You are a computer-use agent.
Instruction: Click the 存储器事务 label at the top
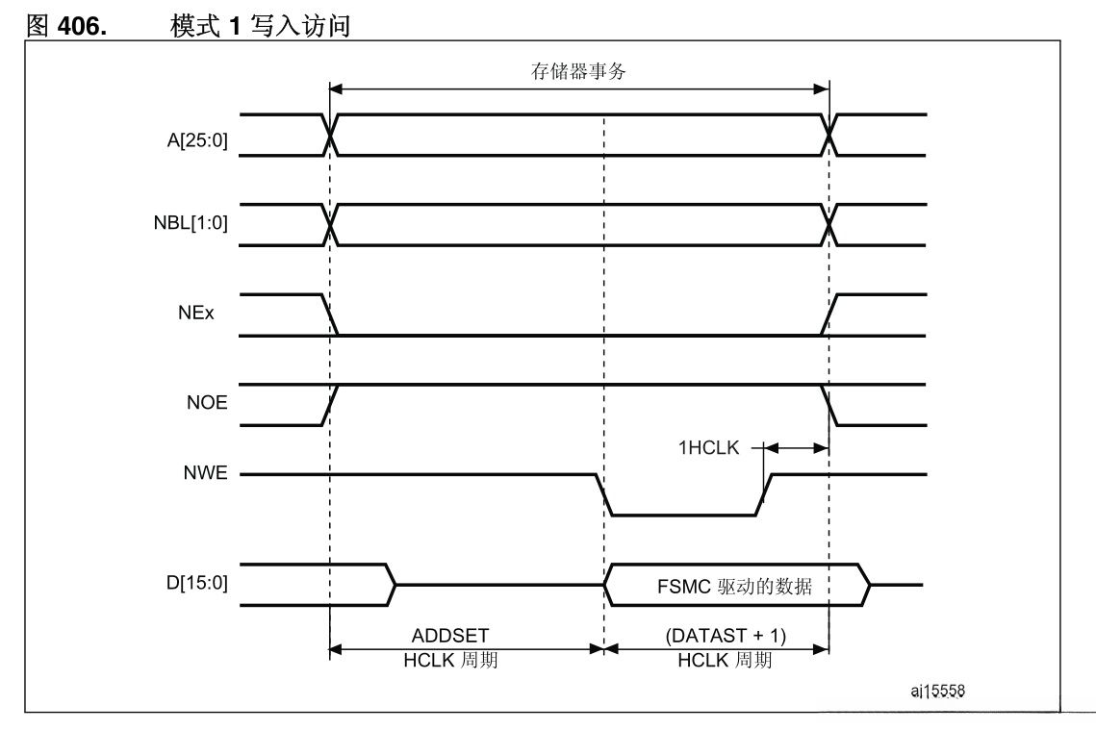(578, 70)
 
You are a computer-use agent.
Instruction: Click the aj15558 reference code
(939, 691)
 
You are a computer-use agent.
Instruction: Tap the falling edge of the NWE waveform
(603, 494)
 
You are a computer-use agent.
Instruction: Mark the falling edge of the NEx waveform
(330, 315)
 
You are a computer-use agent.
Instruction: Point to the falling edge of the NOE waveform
(829, 405)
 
